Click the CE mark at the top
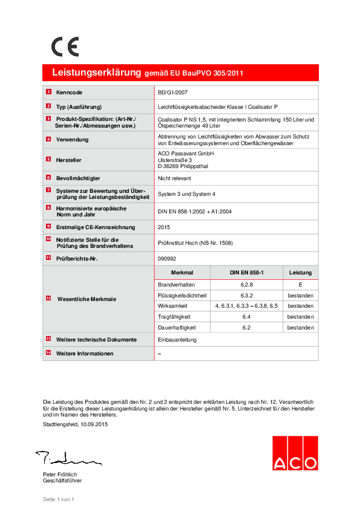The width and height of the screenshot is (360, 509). point(65,47)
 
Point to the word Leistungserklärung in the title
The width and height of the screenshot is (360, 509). point(97,73)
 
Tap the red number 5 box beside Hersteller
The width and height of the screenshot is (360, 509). point(48,160)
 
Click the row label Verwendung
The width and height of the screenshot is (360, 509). point(73,139)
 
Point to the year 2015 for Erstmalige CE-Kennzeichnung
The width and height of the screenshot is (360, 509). point(164,227)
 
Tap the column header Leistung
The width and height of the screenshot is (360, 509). point(300,273)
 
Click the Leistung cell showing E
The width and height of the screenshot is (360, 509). point(300,284)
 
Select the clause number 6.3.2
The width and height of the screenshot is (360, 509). point(246,296)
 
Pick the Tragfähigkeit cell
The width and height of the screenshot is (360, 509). point(174,317)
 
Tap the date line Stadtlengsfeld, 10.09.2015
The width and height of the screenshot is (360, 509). point(76,425)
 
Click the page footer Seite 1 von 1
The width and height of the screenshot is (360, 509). point(58,499)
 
